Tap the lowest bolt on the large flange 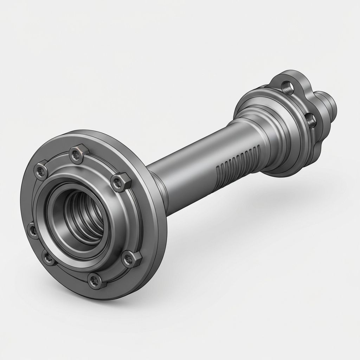click(94, 280)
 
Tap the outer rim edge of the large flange click(160, 225)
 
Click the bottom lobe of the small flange click(315, 148)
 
